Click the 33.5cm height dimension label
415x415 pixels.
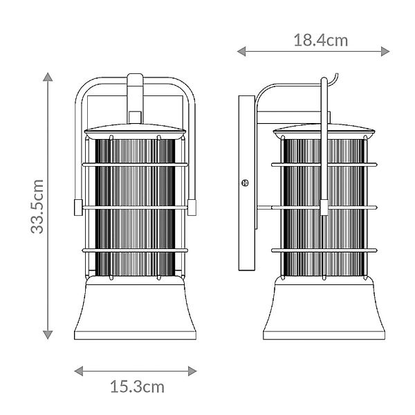pos(37,206)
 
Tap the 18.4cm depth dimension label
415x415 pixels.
pos(321,41)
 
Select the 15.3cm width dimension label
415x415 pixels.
pos(137,387)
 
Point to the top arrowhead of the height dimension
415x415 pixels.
pos(48,77)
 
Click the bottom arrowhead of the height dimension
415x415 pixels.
pos(48,335)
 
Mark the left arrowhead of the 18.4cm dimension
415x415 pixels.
pos(241,51)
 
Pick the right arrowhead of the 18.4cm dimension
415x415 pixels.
pos(385,51)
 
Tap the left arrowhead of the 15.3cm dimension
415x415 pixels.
pos(79,371)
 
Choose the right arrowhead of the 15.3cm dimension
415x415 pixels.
pos(192,371)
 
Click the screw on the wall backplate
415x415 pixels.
pos(246,183)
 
